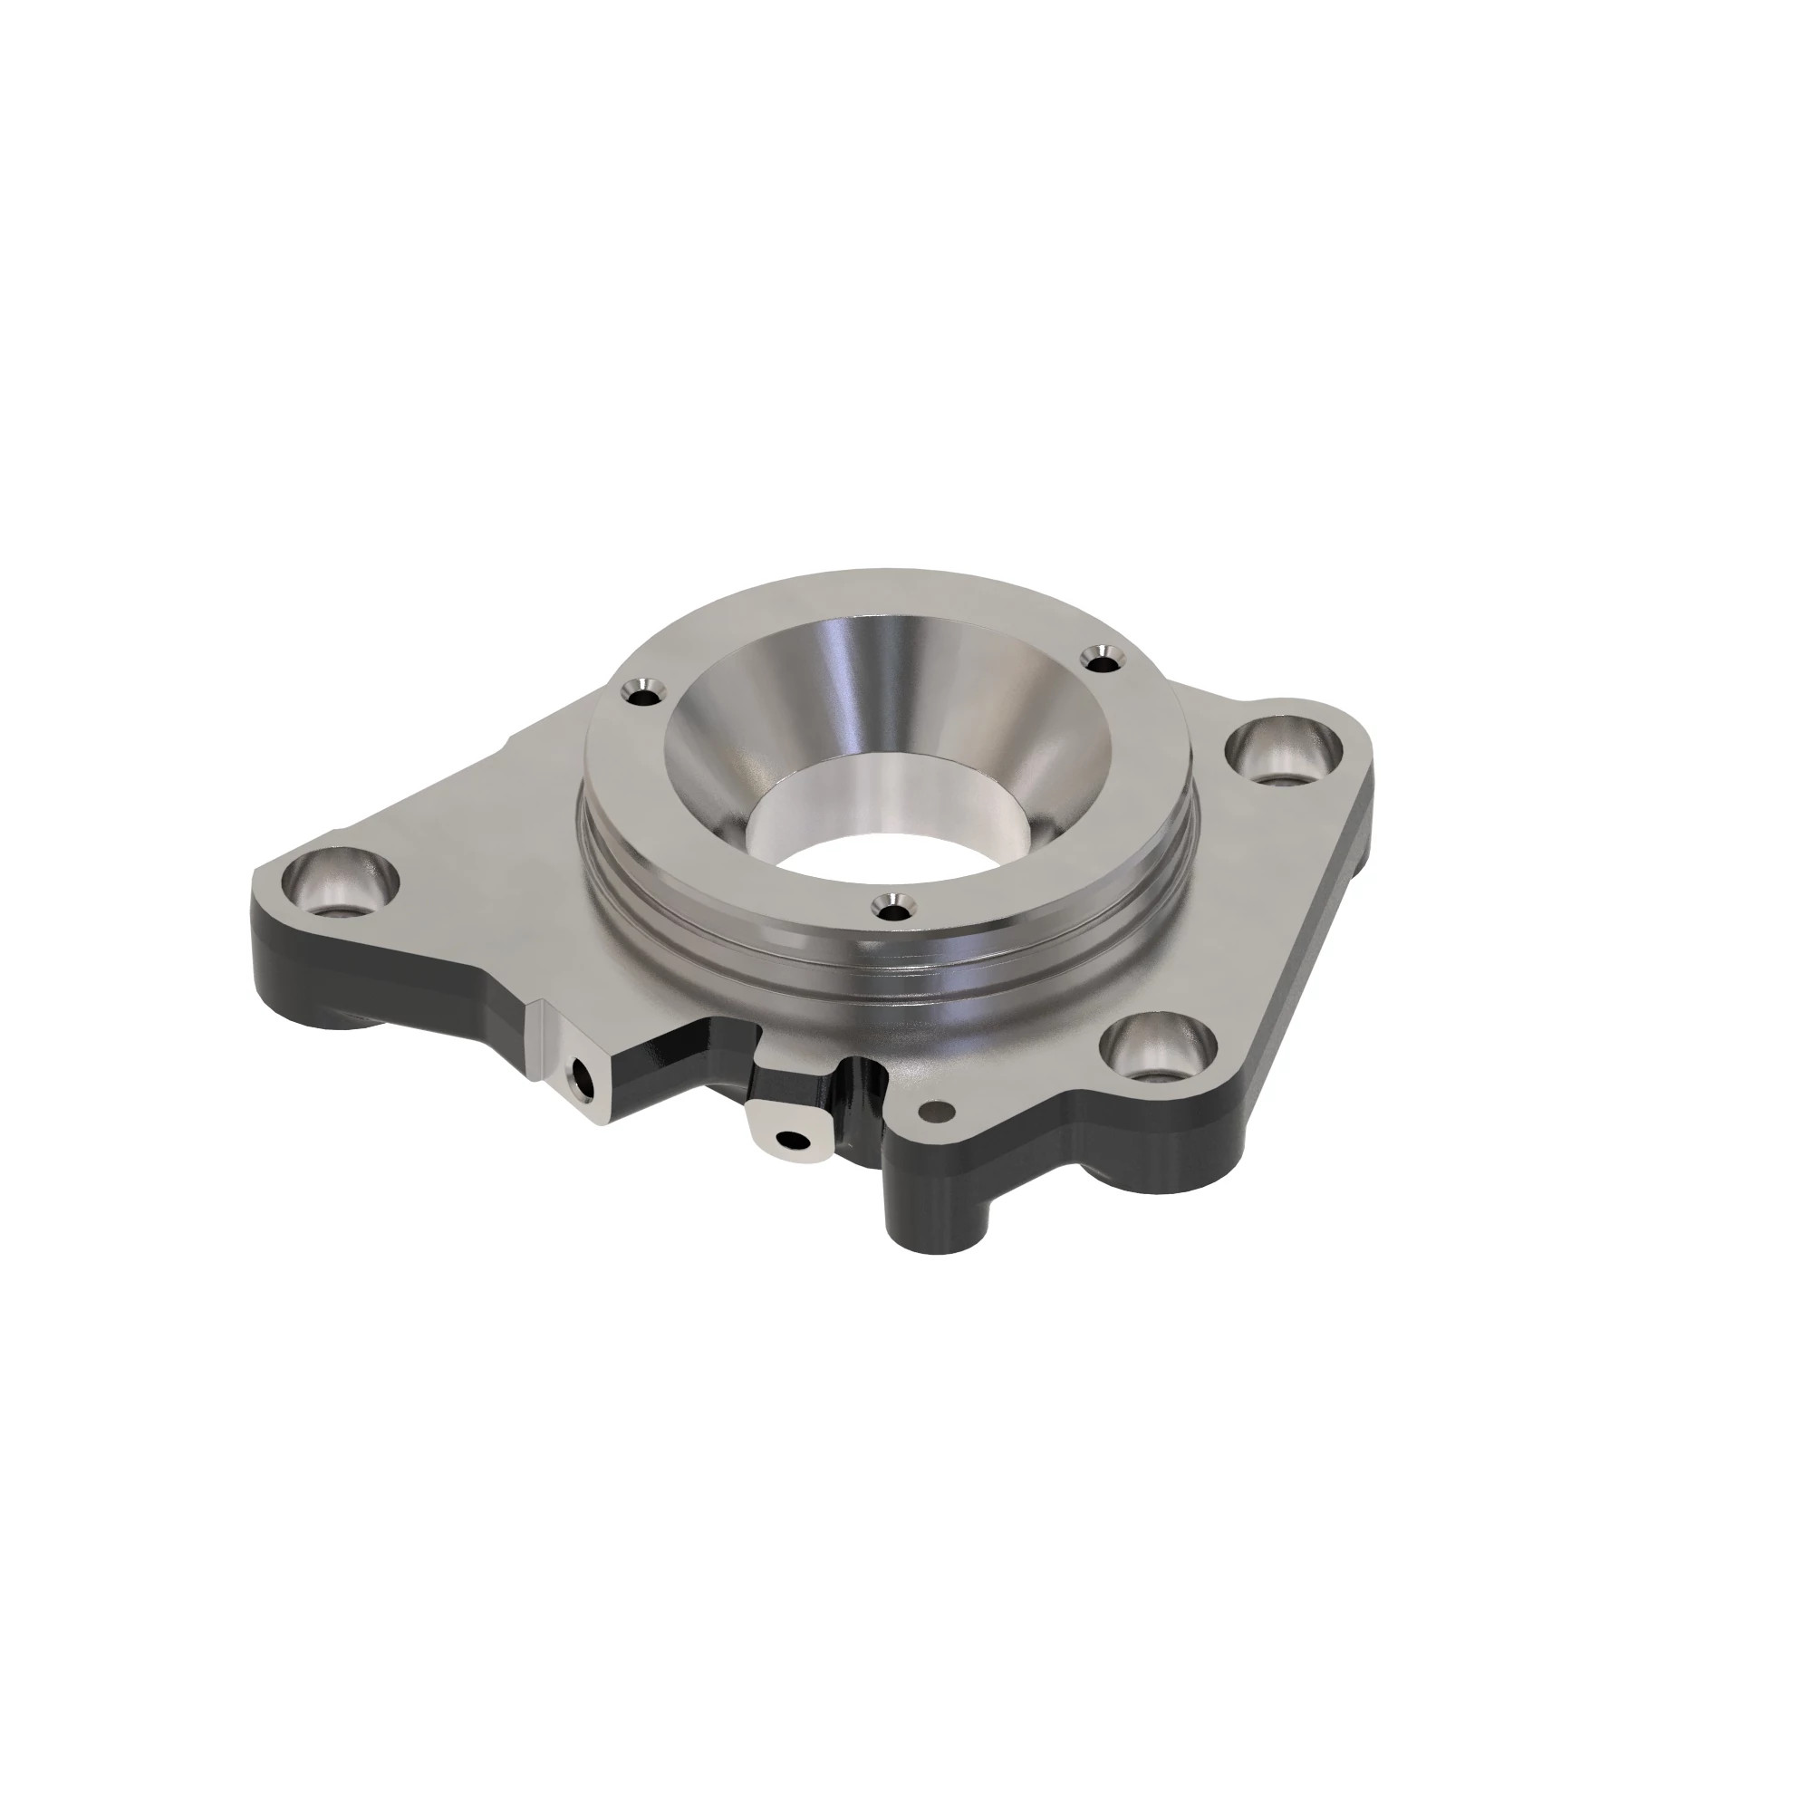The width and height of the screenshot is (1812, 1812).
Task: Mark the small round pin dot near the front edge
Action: (933, 1113)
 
